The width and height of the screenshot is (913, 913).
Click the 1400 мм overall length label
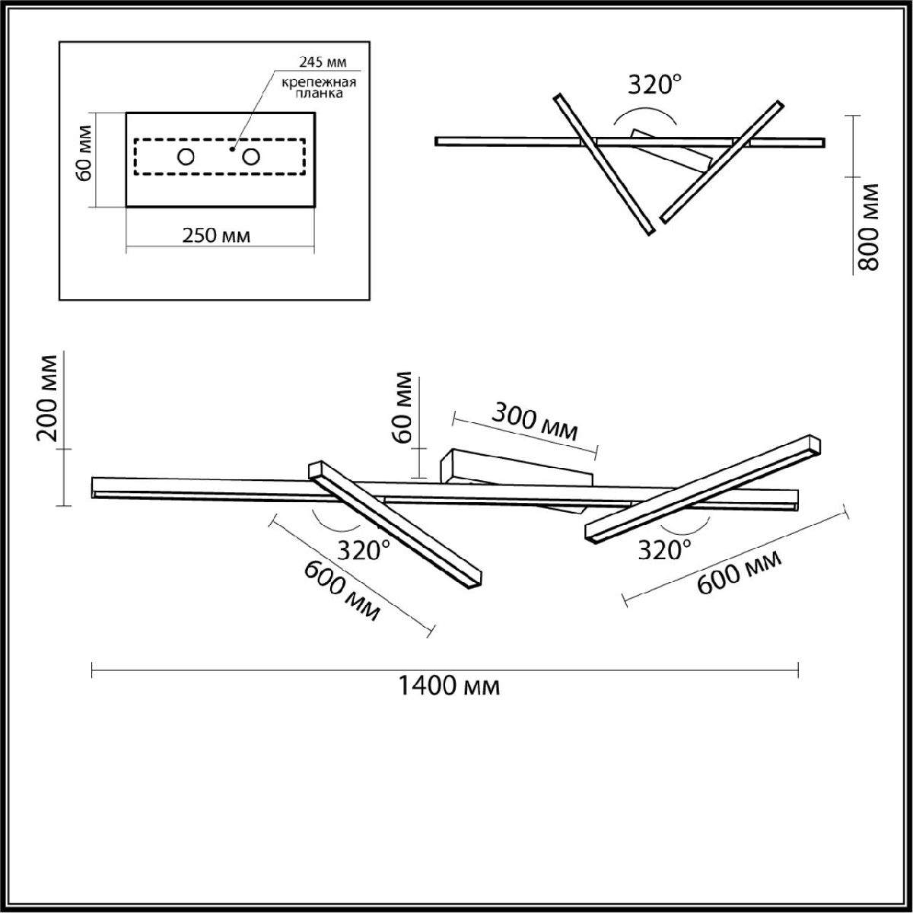(x=449, y=687)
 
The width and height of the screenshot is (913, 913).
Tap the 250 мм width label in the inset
(x=216, y=235)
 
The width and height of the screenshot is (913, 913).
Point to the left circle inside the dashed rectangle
(x=186, y=158)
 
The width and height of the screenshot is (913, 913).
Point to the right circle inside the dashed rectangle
(x=251, y=158)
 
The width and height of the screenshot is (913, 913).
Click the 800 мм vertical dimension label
(x=868, y=227)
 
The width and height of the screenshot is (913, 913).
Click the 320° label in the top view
(x=651, y=85)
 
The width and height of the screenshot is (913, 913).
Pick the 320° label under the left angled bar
(x=364, y=550)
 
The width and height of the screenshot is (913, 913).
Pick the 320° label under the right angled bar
(x=665, y=549)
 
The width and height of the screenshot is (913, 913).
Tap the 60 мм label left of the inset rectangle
(x=84, y=159)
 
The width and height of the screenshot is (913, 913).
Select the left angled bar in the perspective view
(x=396, y=525)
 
